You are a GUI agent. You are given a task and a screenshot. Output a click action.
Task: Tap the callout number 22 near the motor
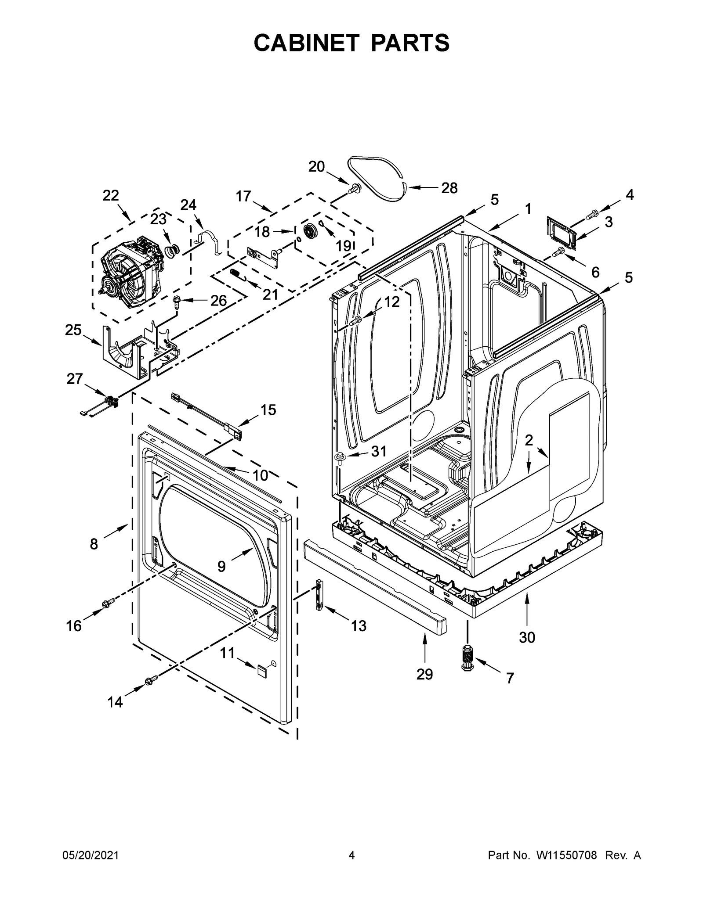(111, 196)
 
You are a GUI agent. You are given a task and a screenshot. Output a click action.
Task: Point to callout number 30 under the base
(527, 637)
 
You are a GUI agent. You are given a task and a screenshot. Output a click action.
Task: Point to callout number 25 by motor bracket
(73, 330)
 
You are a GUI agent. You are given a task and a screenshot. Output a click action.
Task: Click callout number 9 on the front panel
(221, 567)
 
